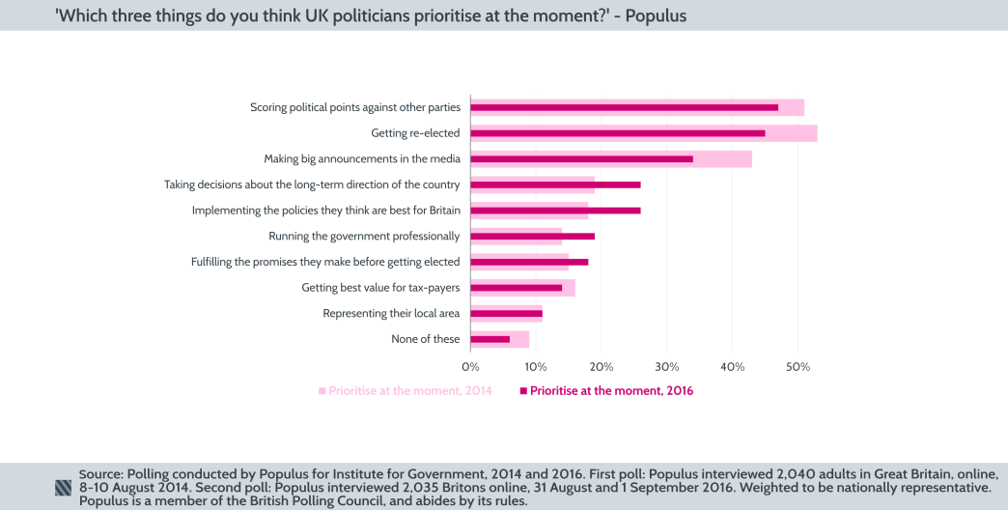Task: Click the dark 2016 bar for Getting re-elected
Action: point(618,133)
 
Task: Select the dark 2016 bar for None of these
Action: point(490,339)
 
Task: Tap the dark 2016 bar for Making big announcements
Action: point(582,158)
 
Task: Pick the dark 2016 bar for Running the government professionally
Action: point(532,236)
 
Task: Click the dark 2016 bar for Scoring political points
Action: point(625,107)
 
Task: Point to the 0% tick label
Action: point(470,367)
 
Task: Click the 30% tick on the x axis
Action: point(666,367)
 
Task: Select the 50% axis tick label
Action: point(798,367)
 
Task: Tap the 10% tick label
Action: point(536,367)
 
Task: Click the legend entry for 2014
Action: point(406,391)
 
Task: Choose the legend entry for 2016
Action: point(607,391)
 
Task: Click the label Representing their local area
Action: point(391,314)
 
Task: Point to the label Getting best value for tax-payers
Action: point(380,288)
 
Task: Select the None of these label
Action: point(426,339)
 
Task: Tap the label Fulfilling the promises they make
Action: point(325,262)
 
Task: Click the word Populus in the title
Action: point(656,15)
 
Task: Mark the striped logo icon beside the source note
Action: point(64,488)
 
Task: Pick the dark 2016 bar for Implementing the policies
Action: point(555,211)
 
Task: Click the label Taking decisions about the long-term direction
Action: point(312,184)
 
